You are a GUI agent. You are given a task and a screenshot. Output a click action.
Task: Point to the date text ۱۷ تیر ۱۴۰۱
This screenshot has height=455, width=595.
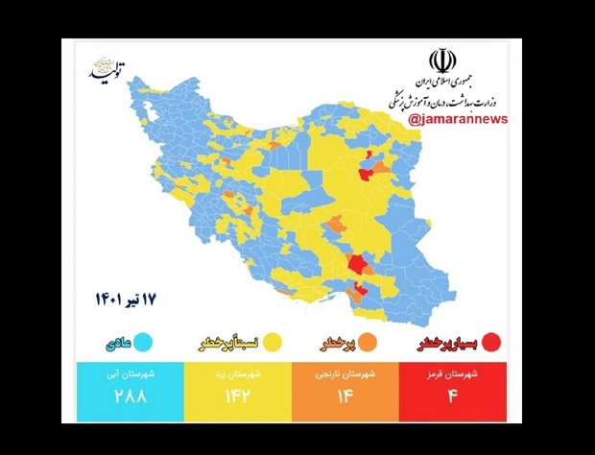[x=124, y=299]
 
